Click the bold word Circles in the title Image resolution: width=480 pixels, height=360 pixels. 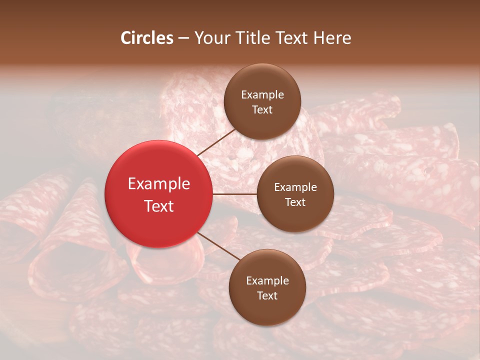click(147, 38)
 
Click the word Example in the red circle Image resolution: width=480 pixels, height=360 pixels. click(158, 184)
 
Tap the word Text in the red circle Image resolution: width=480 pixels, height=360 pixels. click(158, 206)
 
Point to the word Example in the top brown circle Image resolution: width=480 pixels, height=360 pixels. click(262, 95)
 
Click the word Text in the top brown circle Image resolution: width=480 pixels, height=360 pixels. click(262, 109)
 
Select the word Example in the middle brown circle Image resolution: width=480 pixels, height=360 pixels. click(295, 187)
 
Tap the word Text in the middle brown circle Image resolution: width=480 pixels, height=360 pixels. click(295, 202)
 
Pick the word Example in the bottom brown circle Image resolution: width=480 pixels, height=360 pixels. click(267, 281)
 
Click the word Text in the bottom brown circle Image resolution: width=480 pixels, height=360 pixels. click(267, 295)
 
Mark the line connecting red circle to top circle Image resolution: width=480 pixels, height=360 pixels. click(216, 142)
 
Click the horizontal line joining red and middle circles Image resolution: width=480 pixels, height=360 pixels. click(235, 193)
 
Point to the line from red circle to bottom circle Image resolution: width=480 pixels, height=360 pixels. click(219, 246)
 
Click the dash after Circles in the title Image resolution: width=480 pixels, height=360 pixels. click(183, 38)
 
